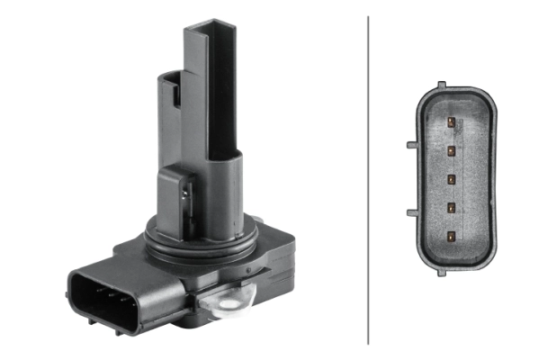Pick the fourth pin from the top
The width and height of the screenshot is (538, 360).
click(448, 207)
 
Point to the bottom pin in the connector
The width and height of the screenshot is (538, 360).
click(448, 237)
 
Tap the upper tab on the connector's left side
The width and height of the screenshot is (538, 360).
click(411, 143)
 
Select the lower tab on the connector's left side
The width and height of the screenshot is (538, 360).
click(411, 212)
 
